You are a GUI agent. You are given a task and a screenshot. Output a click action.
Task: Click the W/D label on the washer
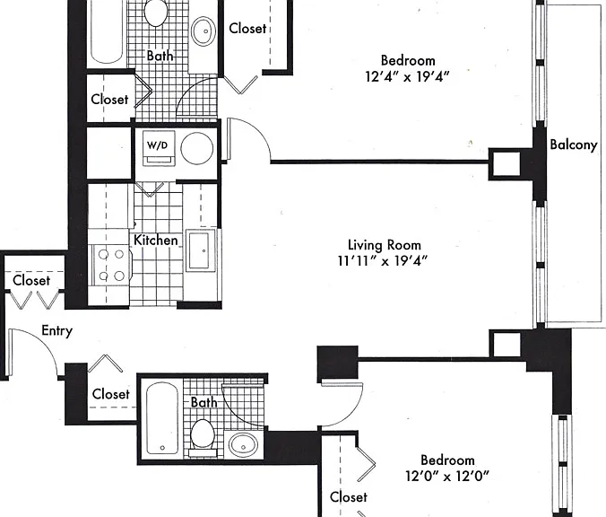[x=158, y=145]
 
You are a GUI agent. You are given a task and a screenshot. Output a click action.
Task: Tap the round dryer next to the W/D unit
[x=196, y=149]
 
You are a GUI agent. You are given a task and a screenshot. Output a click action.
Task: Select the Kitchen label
[x=156, y=241]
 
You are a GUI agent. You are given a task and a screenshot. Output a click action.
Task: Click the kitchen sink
[x=200, y=250]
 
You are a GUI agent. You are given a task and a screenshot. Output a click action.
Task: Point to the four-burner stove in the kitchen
[x=112, y=265]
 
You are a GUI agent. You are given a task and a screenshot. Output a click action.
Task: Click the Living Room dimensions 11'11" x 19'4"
[x=383, y=261]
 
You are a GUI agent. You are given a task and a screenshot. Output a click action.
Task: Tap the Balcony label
[x=574, y=145]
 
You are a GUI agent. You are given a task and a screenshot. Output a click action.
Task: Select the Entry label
[x=56, y=331]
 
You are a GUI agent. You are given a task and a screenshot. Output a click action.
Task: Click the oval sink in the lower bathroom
[x=243, y=444]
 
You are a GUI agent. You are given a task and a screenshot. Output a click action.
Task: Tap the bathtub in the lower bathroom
[x=162, y=418]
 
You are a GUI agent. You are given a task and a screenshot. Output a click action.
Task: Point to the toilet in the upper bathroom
[x=156, y=13]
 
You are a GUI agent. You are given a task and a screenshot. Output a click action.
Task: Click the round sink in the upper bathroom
[x=203, y=31]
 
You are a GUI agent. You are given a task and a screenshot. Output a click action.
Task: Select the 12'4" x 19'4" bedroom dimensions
[x=407, y=76]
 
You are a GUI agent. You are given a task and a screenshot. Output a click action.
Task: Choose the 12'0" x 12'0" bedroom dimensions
[x=447, y=476]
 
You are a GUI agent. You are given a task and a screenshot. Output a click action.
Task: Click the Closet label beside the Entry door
[x=31, y=280]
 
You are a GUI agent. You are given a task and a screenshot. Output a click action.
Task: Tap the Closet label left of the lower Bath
[x=110, y=394]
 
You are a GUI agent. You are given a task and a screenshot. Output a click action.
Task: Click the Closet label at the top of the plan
[x=247, y=28]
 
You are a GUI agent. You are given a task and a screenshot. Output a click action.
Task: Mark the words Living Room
[x=385, y=245]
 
